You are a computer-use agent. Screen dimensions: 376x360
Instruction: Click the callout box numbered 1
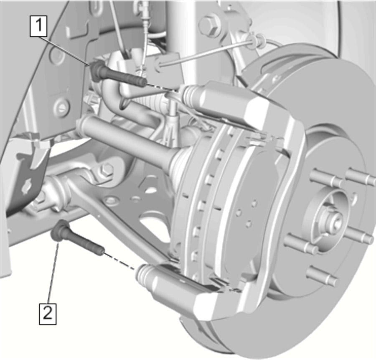[x=38, y=26]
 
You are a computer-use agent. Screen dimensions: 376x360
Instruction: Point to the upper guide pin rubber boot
[x=192, y=95]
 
